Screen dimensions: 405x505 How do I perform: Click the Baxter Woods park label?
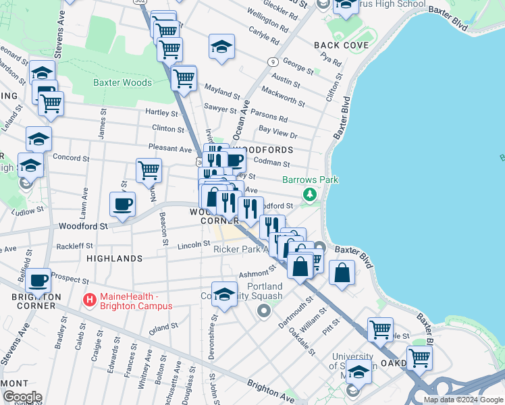tap(122, 82)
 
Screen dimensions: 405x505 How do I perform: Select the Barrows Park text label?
tap(310, 180)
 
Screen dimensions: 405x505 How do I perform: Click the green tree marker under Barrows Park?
tap(310, 195)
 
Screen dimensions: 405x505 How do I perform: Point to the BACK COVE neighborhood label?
tap(342, 45)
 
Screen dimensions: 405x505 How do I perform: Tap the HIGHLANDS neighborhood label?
tap(114, 259)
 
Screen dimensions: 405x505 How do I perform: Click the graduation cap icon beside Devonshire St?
tap(224, 293)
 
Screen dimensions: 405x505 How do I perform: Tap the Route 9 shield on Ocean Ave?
tap(273, 61)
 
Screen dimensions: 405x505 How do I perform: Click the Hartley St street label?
tap(161, 113)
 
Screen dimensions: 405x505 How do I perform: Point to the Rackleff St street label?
tap(76, 246)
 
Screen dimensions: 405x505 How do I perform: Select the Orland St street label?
tap(163, 326)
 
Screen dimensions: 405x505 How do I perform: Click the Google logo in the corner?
tap(22, 397)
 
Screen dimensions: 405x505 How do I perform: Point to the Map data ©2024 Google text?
tap(463, 400)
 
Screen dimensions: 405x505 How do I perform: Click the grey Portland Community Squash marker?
tap(263, 311)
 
